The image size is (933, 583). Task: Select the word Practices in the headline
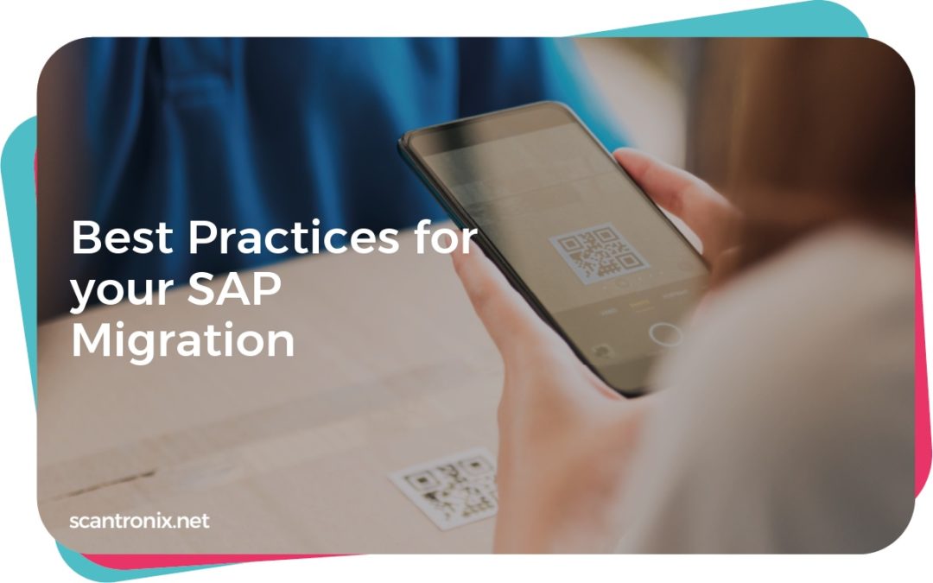(291, 237)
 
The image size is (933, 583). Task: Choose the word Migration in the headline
(182, 341)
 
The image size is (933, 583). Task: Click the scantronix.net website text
(139, 521)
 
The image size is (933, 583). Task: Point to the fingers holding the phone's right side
(682, 199)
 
